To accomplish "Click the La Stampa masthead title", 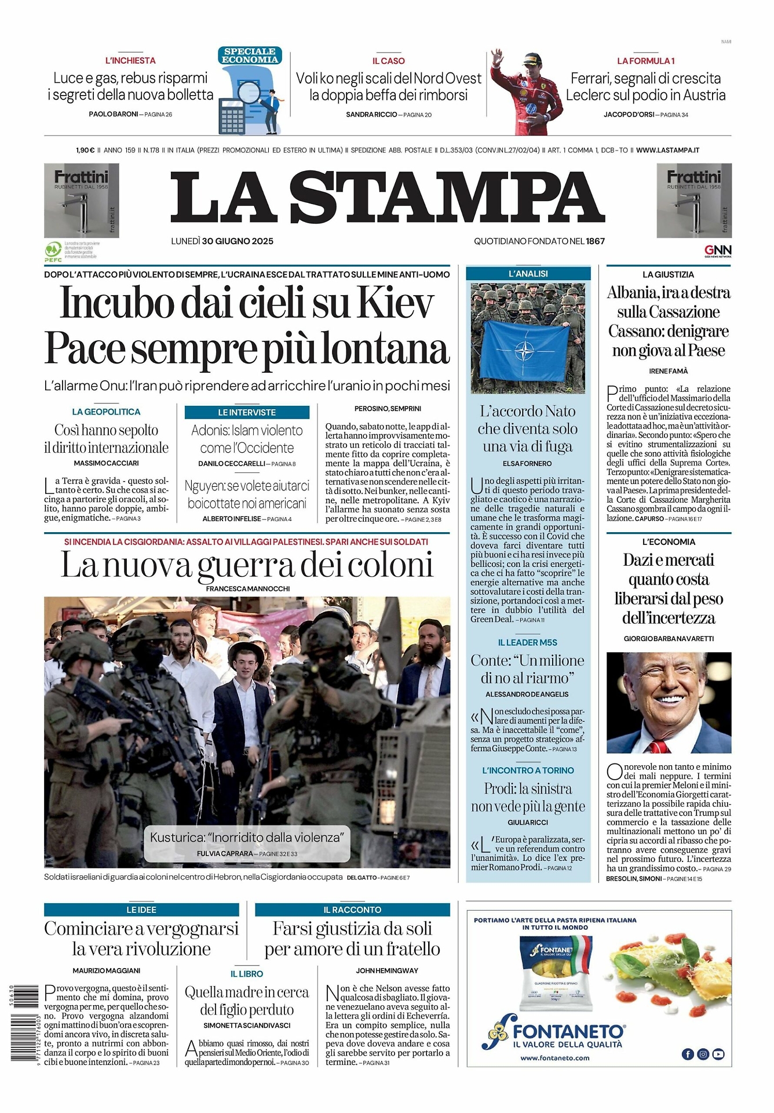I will (x=387, y=198).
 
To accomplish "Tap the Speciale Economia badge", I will (x=250, y=56).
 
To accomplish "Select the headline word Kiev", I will (x=395, y=303).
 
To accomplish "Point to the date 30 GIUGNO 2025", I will (x=238, y=241).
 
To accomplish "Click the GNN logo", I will (x=717, y=250).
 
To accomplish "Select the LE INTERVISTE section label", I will (x=247, y=412).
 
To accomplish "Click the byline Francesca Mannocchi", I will (x=247, y=589).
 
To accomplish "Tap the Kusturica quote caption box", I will (x=247, y=843).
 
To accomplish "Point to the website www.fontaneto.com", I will (x=554, y=1058).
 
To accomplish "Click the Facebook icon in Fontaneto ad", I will (x=688, y=1054).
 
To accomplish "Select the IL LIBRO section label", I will (x=247, y=974).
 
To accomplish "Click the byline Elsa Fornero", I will (x=527, y=464).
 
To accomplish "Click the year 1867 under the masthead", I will (x=595, y=241).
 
